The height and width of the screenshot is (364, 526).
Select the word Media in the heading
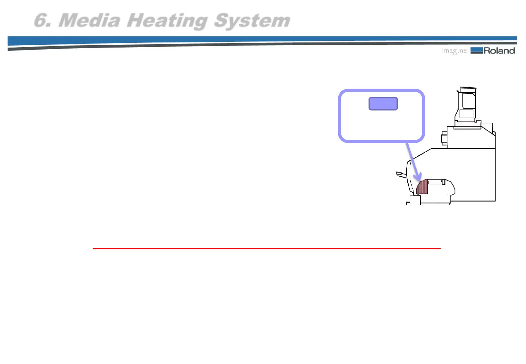point(89,20)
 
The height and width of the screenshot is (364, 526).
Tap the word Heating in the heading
point(167,21)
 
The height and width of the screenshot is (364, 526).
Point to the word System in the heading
point(252,21)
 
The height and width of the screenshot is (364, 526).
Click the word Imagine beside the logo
point(454,51)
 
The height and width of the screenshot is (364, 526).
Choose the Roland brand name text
point(499,51)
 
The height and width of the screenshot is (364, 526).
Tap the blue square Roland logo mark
point(476,51)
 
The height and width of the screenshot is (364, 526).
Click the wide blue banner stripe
point(236,40)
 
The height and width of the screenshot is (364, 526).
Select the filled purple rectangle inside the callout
point(383,104)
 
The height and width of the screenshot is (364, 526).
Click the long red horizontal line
point(266,248)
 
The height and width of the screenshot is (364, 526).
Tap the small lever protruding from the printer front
point(400,174)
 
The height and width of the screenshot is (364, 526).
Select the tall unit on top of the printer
point(467,108)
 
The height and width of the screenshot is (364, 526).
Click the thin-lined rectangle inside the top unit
point(466,114)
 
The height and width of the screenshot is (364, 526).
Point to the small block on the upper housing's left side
point(444,139)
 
